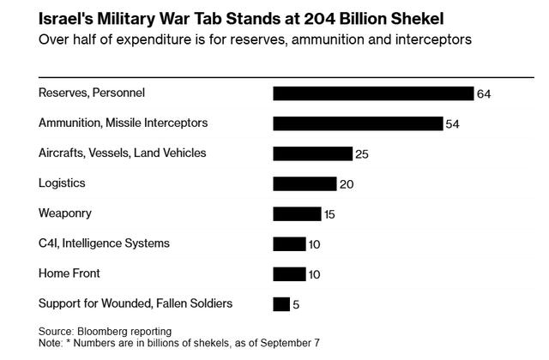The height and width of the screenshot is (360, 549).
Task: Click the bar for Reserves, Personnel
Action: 373,93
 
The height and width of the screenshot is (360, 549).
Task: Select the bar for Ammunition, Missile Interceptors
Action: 358,123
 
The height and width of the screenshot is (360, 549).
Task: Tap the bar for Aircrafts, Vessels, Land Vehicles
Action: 312,153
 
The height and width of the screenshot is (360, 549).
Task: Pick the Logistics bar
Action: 305,183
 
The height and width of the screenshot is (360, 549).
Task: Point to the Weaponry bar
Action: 297,213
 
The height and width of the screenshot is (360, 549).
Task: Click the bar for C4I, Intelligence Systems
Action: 289,243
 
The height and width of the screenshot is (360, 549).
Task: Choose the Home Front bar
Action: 289,273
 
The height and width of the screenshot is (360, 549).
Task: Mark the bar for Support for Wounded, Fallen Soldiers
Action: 281,303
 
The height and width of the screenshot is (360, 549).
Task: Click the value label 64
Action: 483,94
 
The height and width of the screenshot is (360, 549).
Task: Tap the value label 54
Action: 452,124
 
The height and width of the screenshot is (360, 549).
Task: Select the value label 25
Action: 361,154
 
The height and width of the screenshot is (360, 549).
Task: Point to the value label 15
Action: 329,214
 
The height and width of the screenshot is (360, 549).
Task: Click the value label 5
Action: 296,304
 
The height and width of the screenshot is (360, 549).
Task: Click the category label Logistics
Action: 62,183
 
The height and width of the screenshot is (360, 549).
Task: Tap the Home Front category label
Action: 69,273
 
